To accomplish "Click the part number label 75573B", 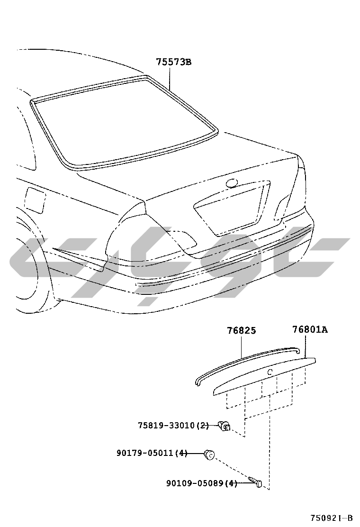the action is (x=174, y=62).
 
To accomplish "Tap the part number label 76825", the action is (x=241, y=331).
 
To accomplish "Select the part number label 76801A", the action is (x=310, y=329).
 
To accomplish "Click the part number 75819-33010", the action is (x=166, y=426).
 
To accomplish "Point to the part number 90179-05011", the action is (x=145, y=453).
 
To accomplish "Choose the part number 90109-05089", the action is (x=195, y=483).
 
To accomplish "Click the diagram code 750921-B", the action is (x=331, y=517).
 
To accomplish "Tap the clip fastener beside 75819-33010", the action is (x=224, y=426).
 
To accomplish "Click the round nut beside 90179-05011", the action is (x=209, y=455).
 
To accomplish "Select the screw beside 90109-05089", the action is (x=255, y=482).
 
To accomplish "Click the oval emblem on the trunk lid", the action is (x=232, y=183).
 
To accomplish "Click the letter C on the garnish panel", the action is (x=270, y=372).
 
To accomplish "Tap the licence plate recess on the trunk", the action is (x=232, y=208).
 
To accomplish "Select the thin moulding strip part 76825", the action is (x=247, y=364).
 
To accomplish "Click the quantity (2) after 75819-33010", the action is (x=203, y=426).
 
